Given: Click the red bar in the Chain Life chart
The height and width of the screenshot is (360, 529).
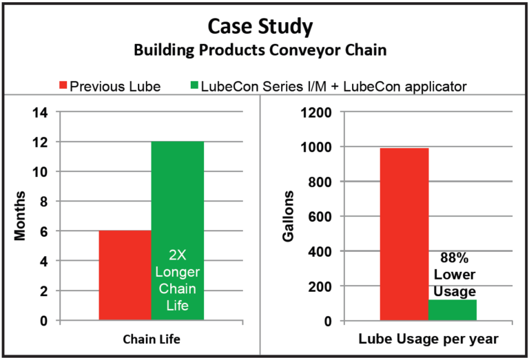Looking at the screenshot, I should coord(125,275).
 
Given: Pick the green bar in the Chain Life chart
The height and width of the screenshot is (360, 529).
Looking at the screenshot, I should coord(178,193).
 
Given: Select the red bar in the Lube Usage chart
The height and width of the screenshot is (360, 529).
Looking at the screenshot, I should coord(404,234).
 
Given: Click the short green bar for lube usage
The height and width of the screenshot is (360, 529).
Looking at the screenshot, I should coord(452,310).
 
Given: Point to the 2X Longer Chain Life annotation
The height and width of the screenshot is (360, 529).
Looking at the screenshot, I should coord(178,282).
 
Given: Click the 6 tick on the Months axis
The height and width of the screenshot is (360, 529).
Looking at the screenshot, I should coord(44,231).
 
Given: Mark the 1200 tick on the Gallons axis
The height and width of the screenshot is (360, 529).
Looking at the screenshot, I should coord(316,112).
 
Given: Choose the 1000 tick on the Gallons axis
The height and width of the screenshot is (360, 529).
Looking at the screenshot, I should coord(316,147).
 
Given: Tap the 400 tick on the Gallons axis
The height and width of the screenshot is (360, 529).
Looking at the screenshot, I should coord(319,251).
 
